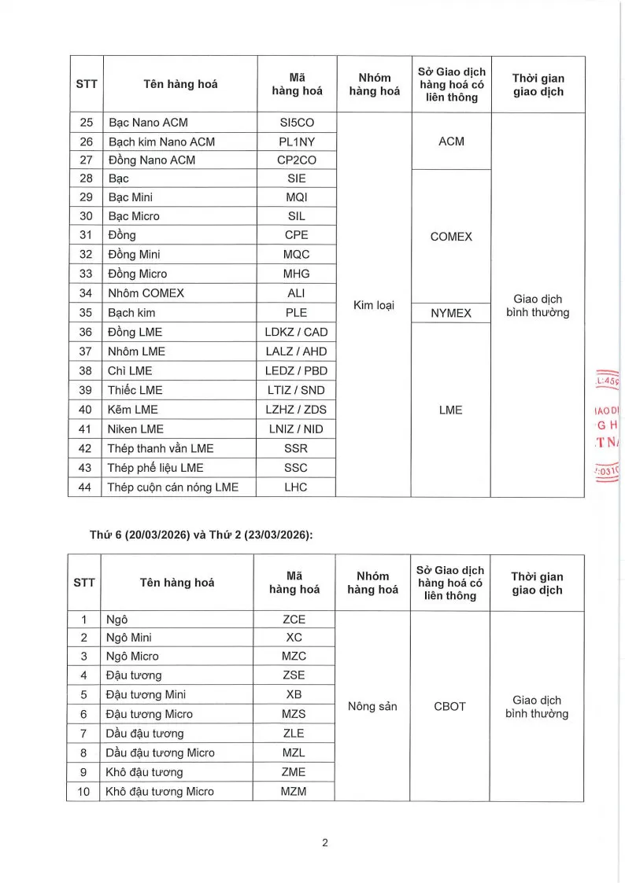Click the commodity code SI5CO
pos(297,123)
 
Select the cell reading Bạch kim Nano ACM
pos(161,142)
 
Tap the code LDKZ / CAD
pos(297,332)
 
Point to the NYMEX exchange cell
pos(451,313)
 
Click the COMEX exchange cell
pos(451,236)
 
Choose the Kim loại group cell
pos(374,304)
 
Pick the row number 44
pos(87,487)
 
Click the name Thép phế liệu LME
pos(155,468)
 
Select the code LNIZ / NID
pos(297,429)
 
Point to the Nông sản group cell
pos(372,706)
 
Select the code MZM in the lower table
pos(293,791)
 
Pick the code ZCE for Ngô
pos(293,618)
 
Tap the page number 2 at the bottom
pos(324,843)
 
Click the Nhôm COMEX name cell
pos(146,293)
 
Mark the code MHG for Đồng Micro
pos(297,274)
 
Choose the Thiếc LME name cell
pos(135,390)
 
